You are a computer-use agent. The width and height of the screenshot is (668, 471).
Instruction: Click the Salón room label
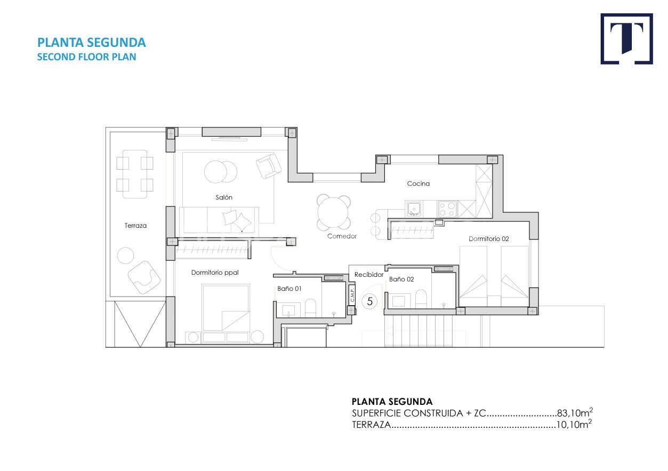click(x=224, y=197)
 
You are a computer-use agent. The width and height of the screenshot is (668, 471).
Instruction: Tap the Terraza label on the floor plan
click(x=136, y=226)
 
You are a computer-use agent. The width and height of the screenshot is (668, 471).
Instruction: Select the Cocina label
click(x=418, y=183)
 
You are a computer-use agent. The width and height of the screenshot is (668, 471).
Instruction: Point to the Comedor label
click(x=342, y=236)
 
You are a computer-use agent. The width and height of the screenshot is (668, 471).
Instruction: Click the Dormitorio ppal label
click(x=215, y=273)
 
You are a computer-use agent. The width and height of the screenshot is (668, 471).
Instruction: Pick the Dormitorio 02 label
click(x=489, y=238)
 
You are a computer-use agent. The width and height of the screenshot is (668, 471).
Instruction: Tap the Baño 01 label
click(x=289, y=289)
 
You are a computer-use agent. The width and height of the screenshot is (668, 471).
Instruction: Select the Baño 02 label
click(x=401, y=279)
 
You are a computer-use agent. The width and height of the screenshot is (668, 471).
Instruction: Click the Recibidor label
click(x=369, y=274)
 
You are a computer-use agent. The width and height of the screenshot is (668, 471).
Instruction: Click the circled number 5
click(x=370, y=301)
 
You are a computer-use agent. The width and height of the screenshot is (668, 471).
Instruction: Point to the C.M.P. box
click(x=352, y=294)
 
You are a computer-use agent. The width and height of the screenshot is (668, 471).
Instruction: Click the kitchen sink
click(x=414, y=209)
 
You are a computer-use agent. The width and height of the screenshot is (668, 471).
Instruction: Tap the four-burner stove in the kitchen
click(x=447, y=209)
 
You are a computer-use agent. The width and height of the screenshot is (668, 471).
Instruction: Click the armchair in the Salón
click(x=268, y=165)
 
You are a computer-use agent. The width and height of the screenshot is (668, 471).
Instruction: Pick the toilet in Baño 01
click(x=310, y=307)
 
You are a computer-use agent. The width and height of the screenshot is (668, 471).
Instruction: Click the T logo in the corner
click(x=626, y=39)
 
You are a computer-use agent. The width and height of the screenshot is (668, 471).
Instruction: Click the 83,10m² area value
click(x=575, y=413)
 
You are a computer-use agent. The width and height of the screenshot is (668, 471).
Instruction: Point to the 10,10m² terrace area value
click(x=574, y=424)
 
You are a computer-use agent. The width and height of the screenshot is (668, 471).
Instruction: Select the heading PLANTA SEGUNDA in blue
click(x=92, y=42)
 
